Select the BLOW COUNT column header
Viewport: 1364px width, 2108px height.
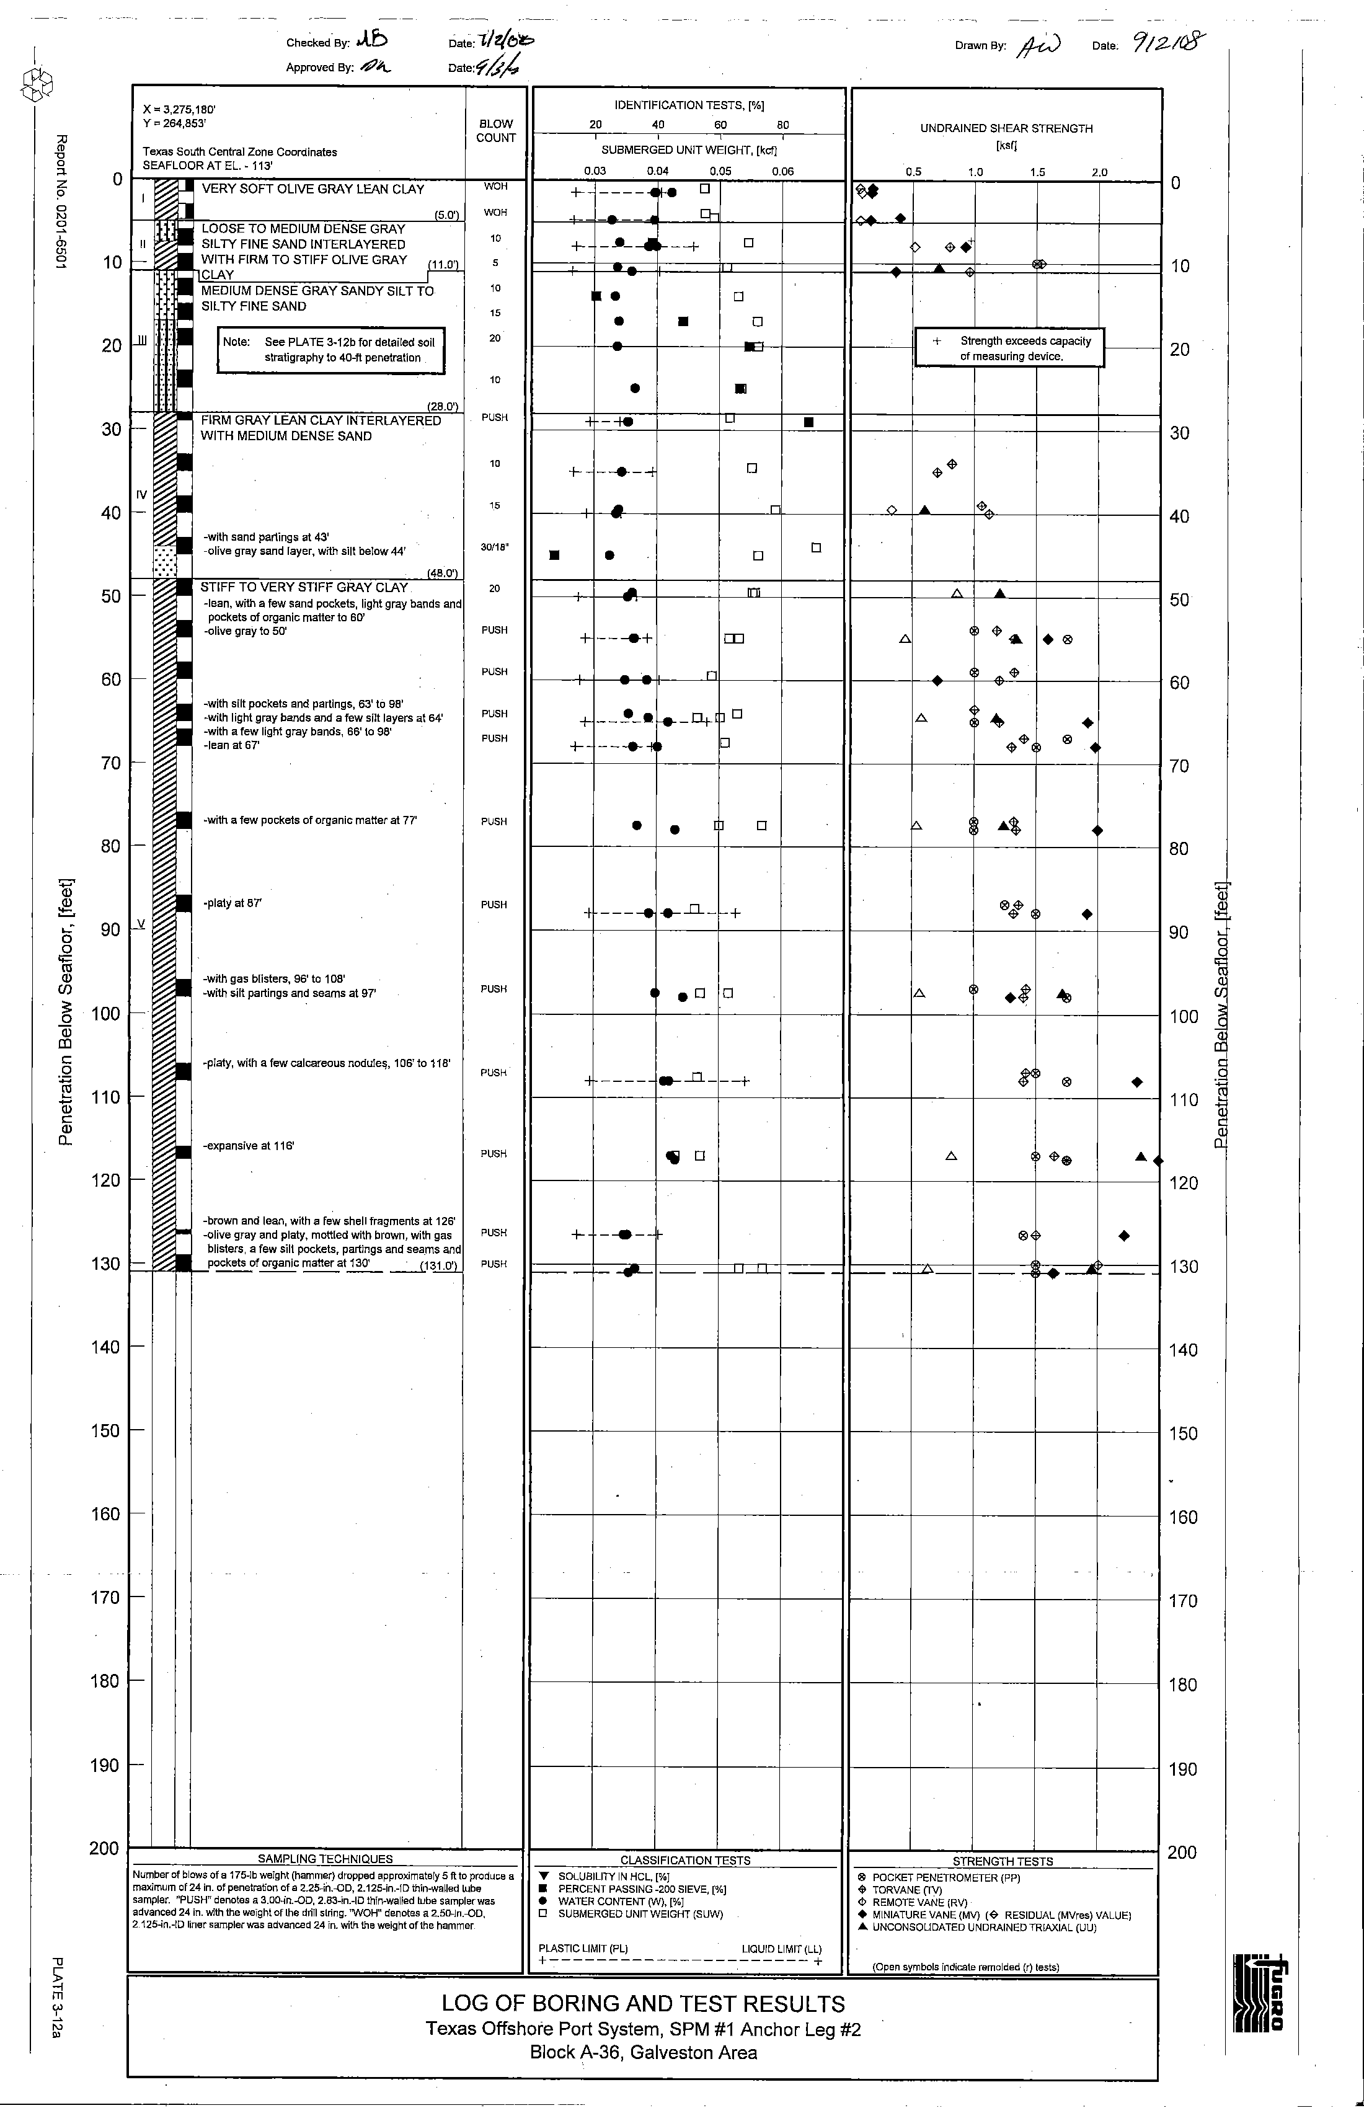[x=496, y=131]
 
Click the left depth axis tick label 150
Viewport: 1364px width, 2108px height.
[x=105, y=1430]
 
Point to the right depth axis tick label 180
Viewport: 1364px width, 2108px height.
[x=1184, y=1685]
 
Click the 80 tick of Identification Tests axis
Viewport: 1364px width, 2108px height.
[x=783, y=125]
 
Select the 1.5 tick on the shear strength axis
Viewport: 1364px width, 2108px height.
[x=1037, y=172]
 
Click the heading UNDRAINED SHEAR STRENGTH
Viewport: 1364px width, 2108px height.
[x=1006, y=128]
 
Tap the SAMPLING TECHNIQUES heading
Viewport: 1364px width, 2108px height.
[x=325, y=1859]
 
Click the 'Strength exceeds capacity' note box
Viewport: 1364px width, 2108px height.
[x=1010, y=348]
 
